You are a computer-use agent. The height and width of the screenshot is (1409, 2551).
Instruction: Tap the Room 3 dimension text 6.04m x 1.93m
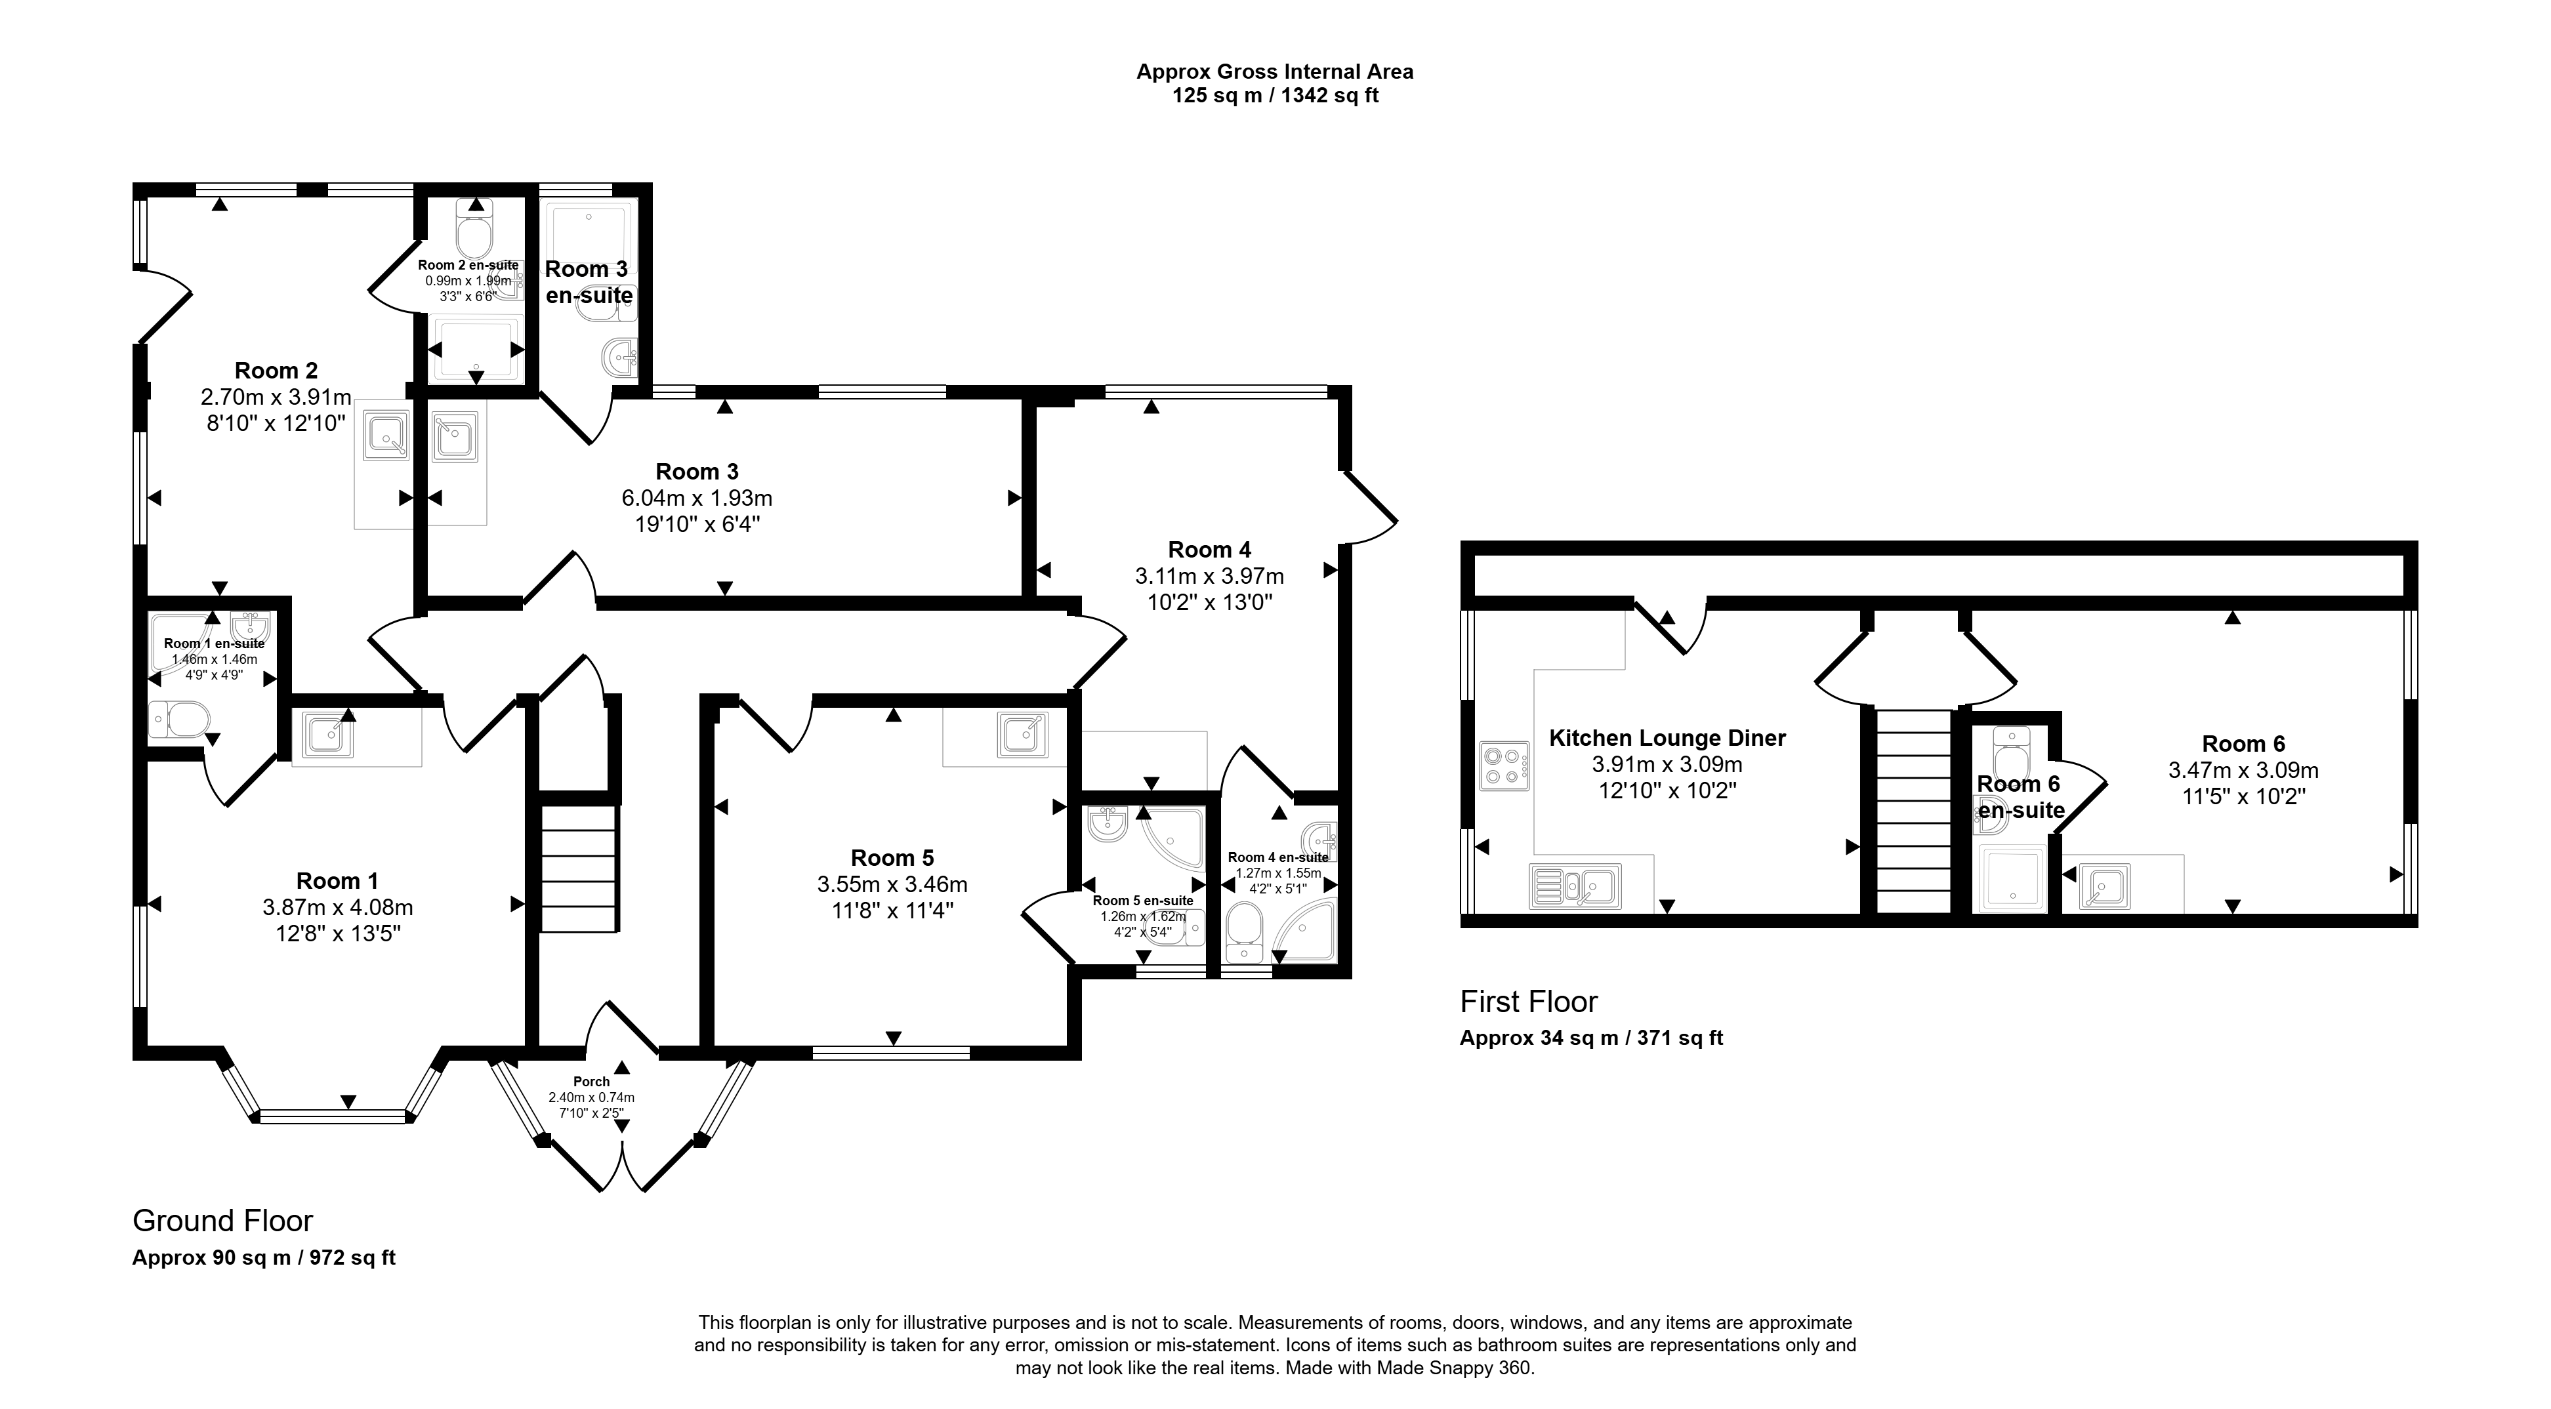click(x=697, y=498)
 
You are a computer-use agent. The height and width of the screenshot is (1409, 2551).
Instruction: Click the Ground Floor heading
click(x=223, y=1221)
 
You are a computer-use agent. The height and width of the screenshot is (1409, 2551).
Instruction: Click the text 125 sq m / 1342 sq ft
click(x=1275, y=96)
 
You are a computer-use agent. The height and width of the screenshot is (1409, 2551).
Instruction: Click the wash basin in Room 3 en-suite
click(x=621, y=356)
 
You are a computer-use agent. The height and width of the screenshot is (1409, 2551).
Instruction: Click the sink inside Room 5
click(x=1022, y=735)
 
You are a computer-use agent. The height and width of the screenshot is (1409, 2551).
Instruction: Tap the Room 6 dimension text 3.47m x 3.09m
click(x=2244, y=769)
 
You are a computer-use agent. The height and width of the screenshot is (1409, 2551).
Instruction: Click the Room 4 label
click(x=1209, y=550)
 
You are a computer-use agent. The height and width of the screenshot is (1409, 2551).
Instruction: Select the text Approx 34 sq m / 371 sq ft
click(x=1591, y=1038)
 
